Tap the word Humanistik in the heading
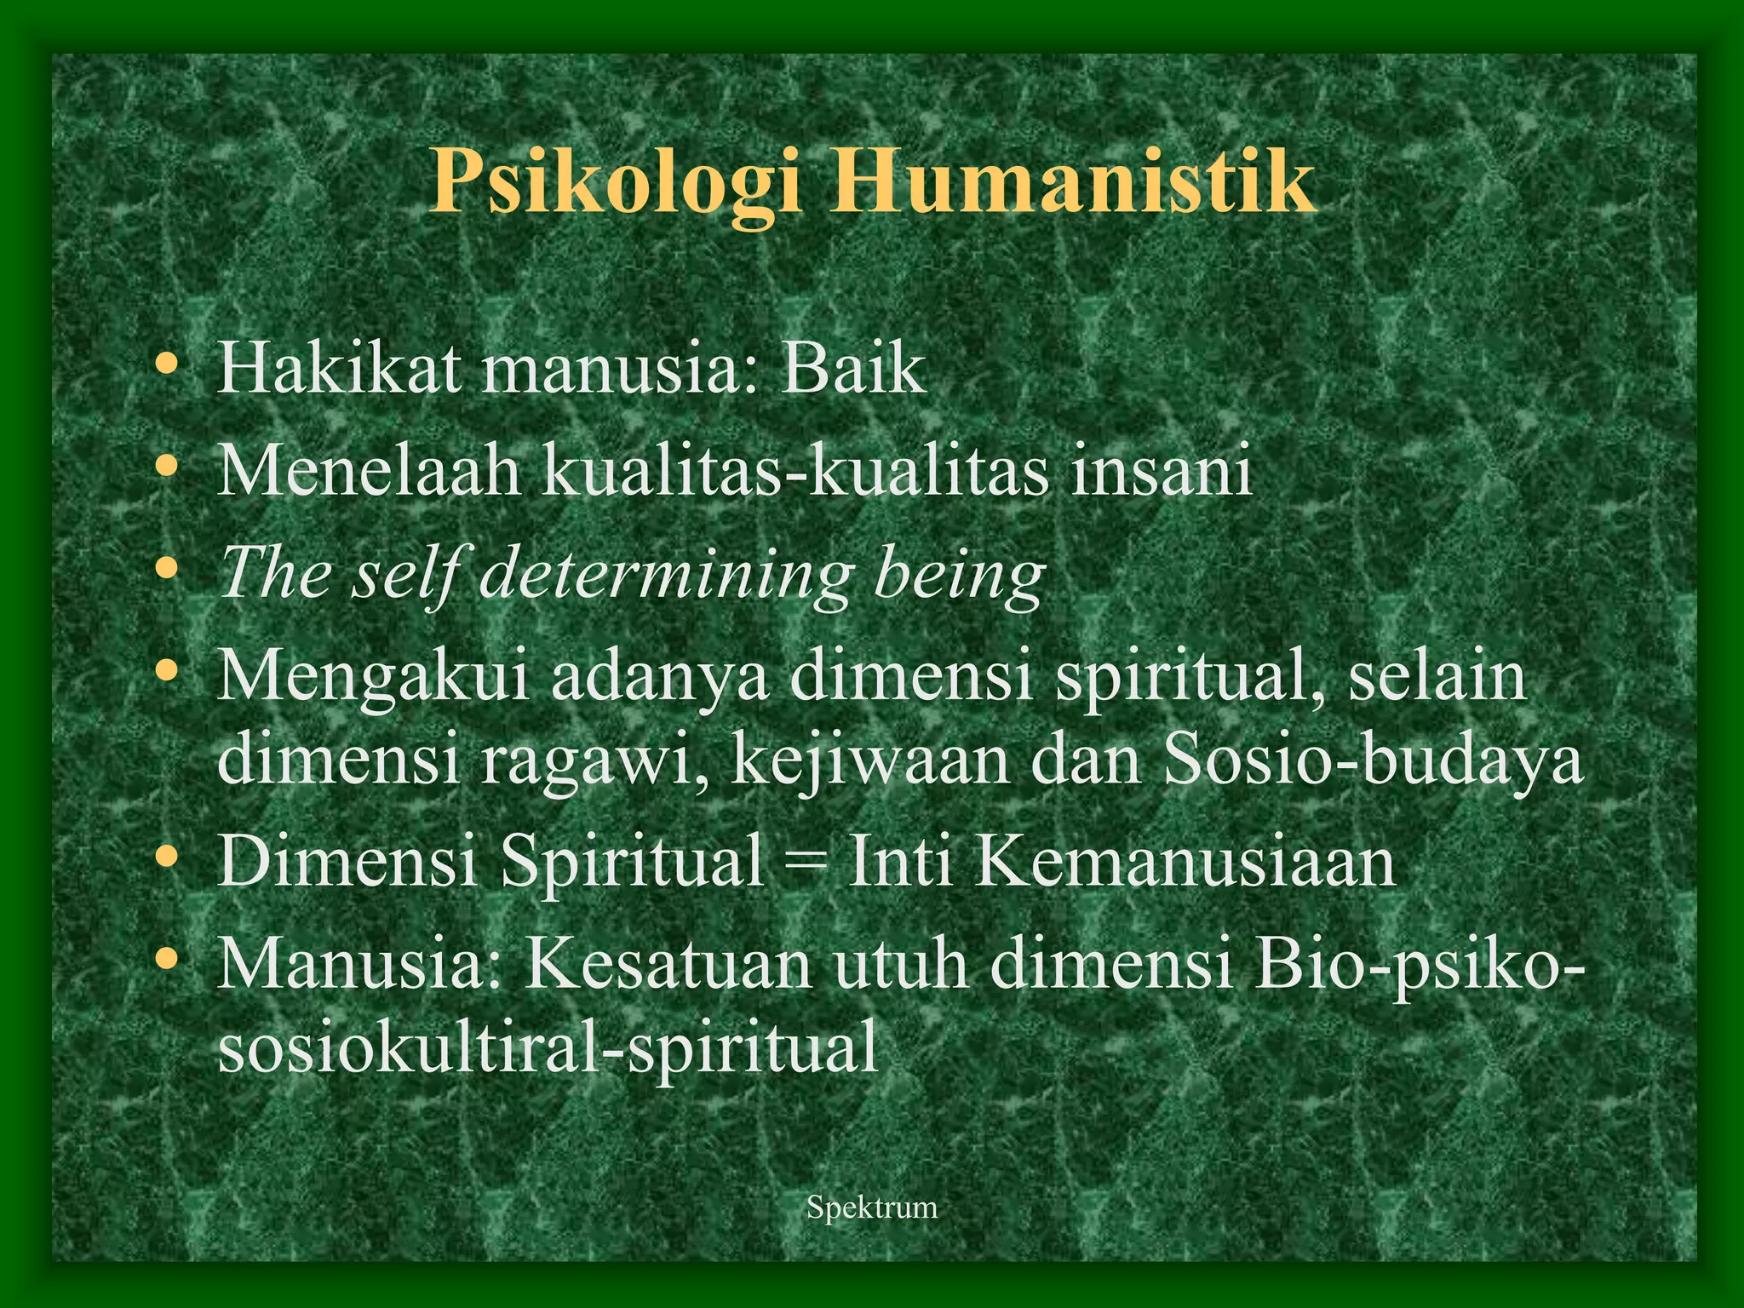1072,181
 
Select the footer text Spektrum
872,1207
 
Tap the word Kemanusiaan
1185,862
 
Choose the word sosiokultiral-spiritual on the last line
548,1047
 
